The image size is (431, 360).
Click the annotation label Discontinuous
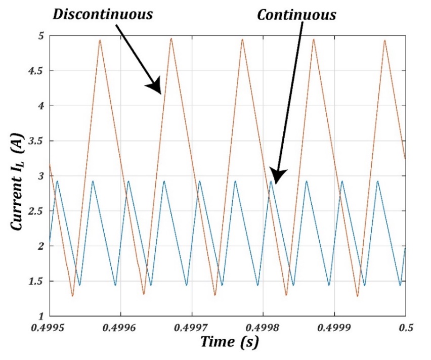pyautogui.click(x=103, y=14)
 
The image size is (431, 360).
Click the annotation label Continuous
pyautogui.click(x=296, y=15)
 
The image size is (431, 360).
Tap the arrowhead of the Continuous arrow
pyautogui.click(x=276, y=175)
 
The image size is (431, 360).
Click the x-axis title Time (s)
pyautogui.click(x=230, y=342)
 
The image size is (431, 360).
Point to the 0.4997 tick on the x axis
pyautogui.click(x=192, y=327)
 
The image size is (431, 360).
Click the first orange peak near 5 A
pyautogui.click(x=100, y=40)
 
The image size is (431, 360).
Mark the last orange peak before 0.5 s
pyautogui.click(x=385, y=40)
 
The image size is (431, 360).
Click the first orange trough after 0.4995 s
pyautogui.click(x=72, y=296)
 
